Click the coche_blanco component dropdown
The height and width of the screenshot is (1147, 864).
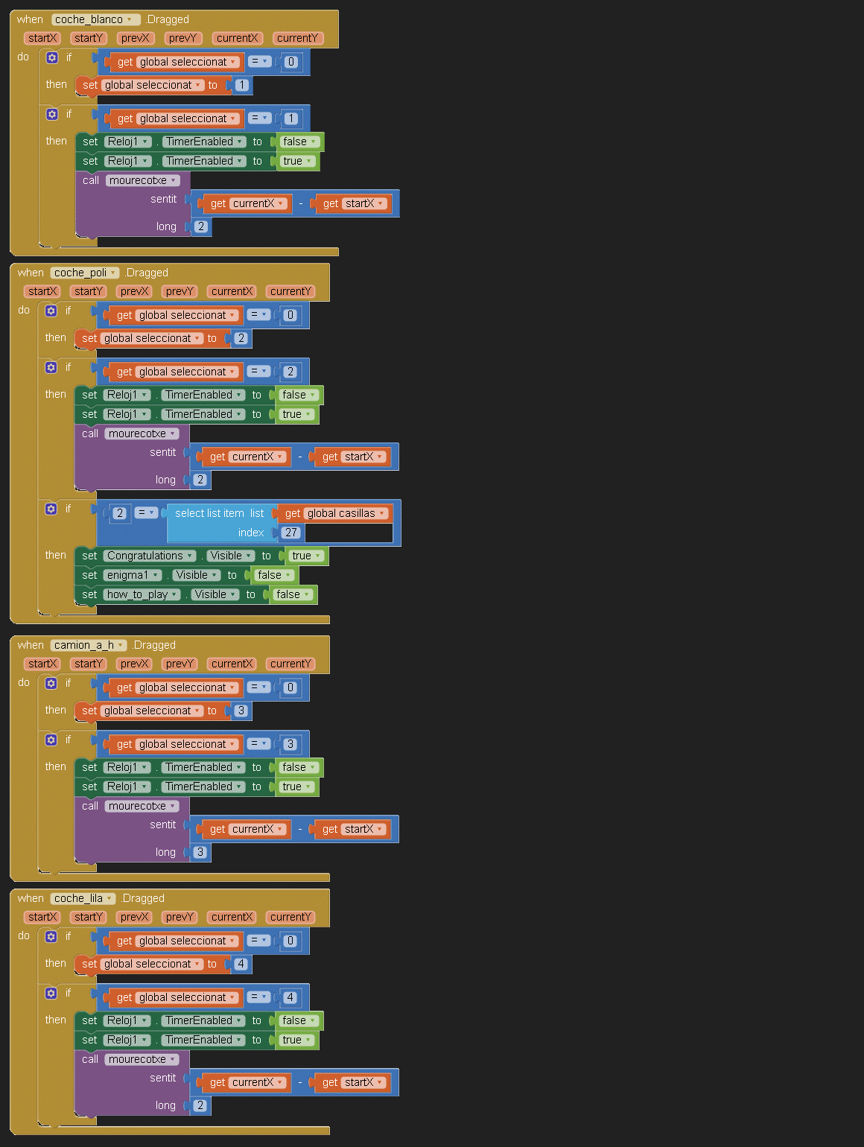tap(96, 19)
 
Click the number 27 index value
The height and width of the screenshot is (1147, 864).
tap(291, 533)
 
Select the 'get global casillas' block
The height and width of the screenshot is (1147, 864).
tap(335, 513)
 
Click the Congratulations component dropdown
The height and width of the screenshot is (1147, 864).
tap(150, 556)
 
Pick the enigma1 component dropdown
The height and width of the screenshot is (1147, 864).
tap(132, 575)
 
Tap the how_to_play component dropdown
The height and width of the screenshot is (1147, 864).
tap(142, 594)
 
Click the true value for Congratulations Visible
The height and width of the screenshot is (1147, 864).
tap(306, 556)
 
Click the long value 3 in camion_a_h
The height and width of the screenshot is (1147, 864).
tap(200, 852)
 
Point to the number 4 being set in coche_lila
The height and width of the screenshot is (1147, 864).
tap(241, 964)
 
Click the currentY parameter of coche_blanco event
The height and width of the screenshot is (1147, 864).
tap(298, 38)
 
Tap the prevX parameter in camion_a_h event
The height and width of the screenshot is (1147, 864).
tap(134, 664)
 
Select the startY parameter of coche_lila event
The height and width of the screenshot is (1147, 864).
tap(89, 917)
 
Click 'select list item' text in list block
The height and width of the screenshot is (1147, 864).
tap(209, 513)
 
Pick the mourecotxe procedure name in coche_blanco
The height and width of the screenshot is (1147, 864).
tap(142, 180)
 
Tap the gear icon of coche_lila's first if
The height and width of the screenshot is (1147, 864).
tap(51, 936)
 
